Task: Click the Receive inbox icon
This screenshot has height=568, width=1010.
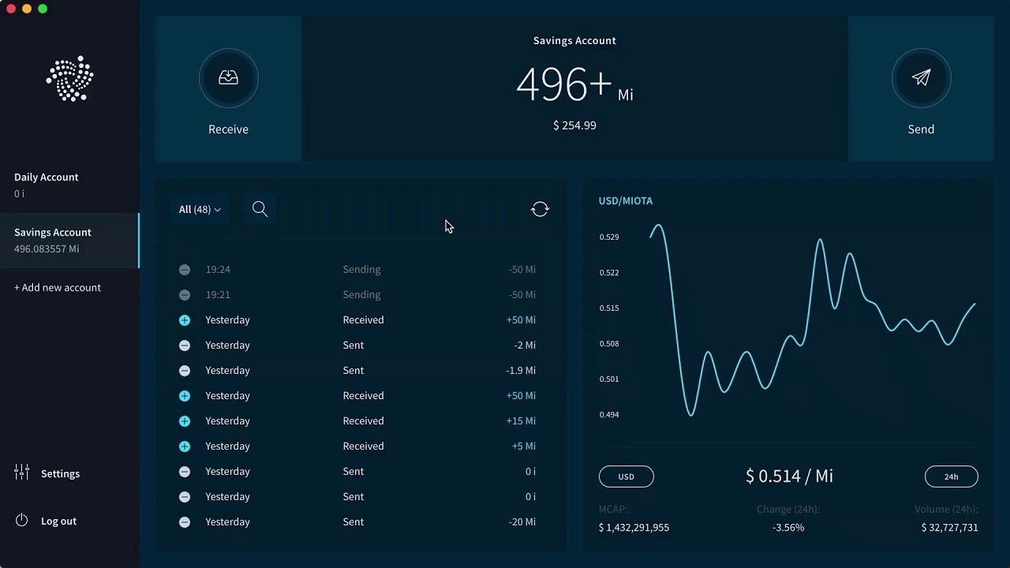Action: click(228, 78)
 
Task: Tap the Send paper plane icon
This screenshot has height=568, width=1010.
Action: click(921, 78)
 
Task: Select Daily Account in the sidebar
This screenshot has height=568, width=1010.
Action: click(47, 177)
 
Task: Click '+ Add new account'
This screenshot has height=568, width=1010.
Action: click(58, 288)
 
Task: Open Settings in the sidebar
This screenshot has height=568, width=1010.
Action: click(60, 474)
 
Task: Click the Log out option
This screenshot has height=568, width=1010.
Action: click(58, 521)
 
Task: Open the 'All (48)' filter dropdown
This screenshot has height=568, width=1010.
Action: click(200, 209)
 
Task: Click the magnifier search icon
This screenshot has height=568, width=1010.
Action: click(260, 209)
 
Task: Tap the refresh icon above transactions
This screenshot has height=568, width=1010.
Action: click(540, 209)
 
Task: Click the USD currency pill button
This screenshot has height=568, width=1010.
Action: click(627, 476)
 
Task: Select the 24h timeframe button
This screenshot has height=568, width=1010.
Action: click(951, 476)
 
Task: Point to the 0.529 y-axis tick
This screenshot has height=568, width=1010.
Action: click(609, 237)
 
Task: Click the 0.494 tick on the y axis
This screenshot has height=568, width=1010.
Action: click(609, 414)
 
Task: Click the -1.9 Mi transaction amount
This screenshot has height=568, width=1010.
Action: click(520, 370)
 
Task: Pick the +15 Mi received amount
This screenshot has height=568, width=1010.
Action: click(520, 420)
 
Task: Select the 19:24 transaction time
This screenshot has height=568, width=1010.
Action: click(218, 269)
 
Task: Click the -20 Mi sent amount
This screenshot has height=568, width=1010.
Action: click(522, 521)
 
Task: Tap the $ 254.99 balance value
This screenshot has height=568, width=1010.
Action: click(574, 125)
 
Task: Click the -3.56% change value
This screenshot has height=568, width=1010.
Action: click(788, 528)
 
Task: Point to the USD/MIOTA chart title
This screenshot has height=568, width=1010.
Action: click(626, 201)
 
